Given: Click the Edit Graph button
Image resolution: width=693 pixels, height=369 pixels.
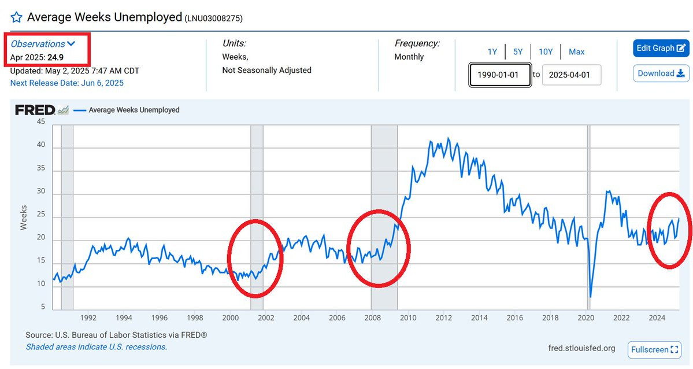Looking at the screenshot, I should coord(661,48).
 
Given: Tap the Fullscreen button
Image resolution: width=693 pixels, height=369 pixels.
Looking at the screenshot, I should coord(654,349).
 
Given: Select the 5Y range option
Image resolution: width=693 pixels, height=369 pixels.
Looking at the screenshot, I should coord(517,52).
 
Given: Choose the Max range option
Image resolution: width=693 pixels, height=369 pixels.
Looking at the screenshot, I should coord(576,52).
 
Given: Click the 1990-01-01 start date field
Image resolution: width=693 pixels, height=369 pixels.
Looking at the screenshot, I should coord(500,75).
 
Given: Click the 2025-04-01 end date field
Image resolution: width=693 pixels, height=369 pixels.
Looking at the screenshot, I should coord(571,75).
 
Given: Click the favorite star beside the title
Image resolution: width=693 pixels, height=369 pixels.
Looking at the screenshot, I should coord(16,18).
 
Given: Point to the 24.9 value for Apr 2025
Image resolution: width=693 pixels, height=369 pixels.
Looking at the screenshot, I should coord(55,57).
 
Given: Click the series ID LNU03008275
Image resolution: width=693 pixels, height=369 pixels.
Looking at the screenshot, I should coord(213,19).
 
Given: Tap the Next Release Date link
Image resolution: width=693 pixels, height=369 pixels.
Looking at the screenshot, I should coord(67,83).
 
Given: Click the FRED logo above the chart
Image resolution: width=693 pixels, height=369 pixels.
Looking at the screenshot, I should coord(35,110).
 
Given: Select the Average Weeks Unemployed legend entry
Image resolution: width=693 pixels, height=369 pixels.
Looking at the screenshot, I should coord(134,110).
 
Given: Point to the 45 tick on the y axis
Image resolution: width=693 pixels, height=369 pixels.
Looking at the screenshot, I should coord(40,121).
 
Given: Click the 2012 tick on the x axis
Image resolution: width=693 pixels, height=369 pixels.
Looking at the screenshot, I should coord(443,318).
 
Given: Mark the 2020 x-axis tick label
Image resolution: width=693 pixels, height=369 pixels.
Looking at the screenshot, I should coord(586,318).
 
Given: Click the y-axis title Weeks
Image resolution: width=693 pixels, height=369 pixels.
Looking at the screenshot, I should coord(24,217).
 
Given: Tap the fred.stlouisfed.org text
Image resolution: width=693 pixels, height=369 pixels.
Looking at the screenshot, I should coord(581,348).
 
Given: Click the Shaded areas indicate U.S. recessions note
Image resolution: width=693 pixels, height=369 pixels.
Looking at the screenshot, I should coord(96,347).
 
